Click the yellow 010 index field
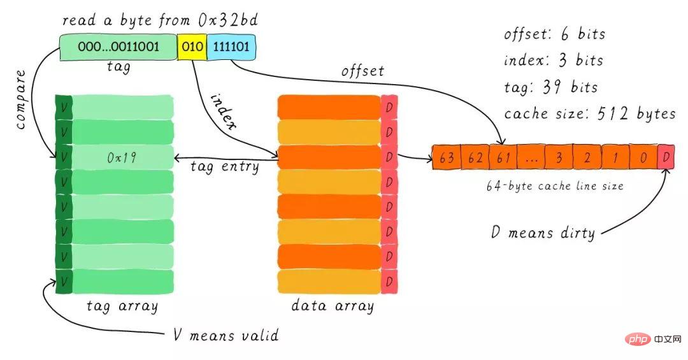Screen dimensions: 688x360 (x=192, y=47)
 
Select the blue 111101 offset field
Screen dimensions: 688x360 (x=231, y=47)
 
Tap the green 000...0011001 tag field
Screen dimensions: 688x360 (x=118, y=47)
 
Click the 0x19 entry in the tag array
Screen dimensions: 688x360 (x=122, y=157)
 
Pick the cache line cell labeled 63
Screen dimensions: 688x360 (x=446, y=157)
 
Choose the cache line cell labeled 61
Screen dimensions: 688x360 (x=503, y=157)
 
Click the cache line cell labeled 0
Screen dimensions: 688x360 (x=643, y=157)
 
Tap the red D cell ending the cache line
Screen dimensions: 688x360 (x=666, y=157)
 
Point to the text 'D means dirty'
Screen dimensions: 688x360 (x=543, y=232)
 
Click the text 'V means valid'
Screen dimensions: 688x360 (x=226, y=335)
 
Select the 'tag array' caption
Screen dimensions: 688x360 (x=122, y=306)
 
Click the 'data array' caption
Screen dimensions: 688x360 (x=333, y=306)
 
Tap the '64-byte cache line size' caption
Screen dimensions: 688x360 (x=555, y=186)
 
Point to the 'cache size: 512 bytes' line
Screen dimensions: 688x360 (x=590, y=113)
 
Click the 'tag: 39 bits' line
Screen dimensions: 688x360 (x=550, y=87)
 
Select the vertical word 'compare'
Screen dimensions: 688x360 (x=20, y=99)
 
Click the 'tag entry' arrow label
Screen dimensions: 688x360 (x=225, y=167)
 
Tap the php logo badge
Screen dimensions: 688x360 (x=638, y=339)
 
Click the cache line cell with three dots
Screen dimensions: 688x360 (x=531, y=157)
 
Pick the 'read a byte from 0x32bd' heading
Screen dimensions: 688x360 (x=160, y=20)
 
